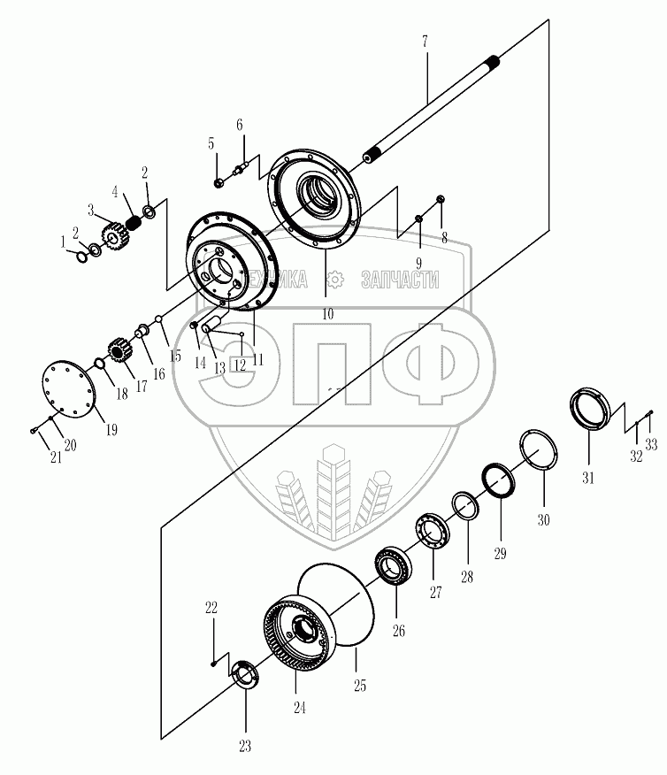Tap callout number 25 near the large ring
(359, 686)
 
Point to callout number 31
(588, 478)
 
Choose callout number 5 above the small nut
(211, 142)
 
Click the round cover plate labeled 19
(68, 384)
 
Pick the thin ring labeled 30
(537, 449)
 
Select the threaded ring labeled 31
(587, 410)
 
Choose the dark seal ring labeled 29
(501, 481)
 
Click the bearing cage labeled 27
(433, 533)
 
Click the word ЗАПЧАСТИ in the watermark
(400, 280)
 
